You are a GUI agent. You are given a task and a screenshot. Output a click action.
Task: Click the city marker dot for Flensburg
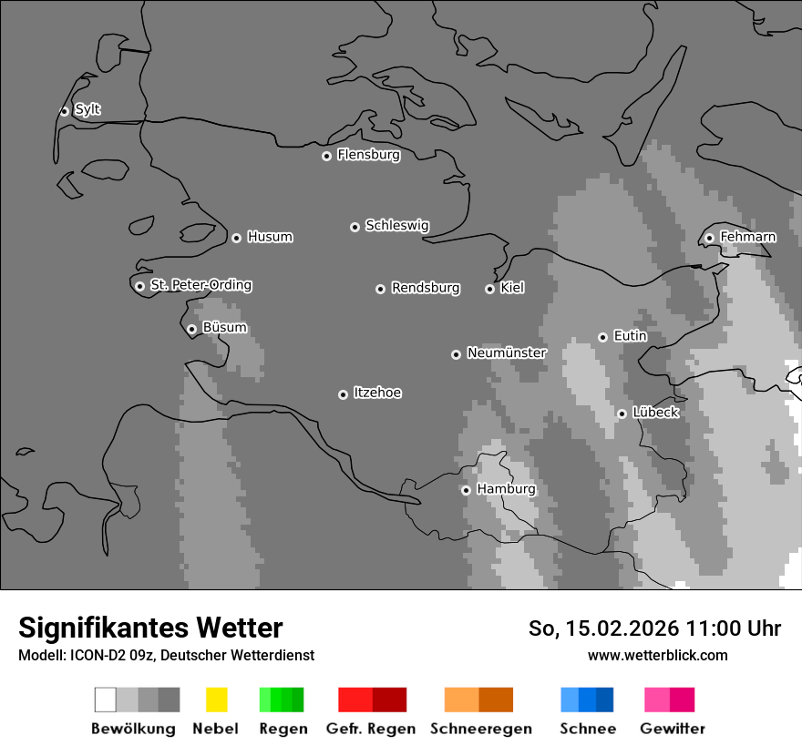click(326, 156)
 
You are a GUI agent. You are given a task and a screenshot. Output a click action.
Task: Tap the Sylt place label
click(87, 109)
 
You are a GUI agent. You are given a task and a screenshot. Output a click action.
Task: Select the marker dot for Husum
click(236, 238)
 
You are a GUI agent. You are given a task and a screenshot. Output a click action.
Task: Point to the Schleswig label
click(396, 225)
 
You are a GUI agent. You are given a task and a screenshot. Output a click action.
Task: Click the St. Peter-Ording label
click(200, 285)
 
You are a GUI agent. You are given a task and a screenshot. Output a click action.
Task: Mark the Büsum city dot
click(191, 329)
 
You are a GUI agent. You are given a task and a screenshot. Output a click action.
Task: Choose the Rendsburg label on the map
click(425, 288)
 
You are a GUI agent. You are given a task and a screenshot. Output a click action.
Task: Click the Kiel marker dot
click(489, 289)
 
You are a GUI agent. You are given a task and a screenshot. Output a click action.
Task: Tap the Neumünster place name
click(506, 352)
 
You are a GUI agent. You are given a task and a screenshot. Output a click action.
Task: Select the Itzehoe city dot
click(343, 394)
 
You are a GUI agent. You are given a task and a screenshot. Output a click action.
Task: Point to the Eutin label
click(630, 336)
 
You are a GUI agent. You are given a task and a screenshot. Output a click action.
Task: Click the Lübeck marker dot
click(622, 414)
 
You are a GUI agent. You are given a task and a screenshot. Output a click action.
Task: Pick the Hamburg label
click(506, 489)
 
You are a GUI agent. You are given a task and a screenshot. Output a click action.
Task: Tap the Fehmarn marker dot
click(709, 238)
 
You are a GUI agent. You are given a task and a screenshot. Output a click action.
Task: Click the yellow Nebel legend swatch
click(216, 700)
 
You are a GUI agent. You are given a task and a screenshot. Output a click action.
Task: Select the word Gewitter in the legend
click(673, 729)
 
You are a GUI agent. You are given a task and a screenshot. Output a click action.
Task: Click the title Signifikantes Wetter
click(150, 628)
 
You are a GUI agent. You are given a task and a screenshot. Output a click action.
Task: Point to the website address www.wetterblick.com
click(657, 655)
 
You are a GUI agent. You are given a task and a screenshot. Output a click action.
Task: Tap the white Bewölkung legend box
click(105, 700)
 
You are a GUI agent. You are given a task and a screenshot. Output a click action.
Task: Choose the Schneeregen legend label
click(481, 729)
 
